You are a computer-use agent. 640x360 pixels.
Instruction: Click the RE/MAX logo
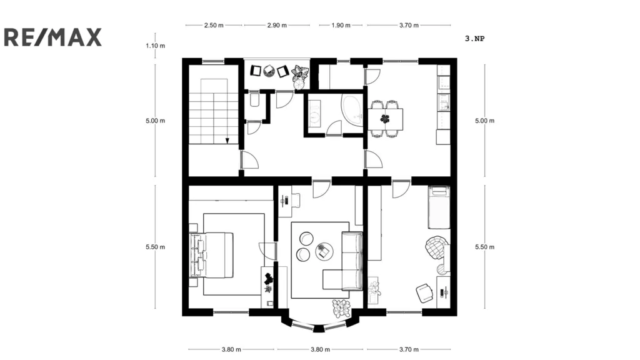(x=52, y=37)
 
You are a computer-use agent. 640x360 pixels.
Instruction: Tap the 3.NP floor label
(x=475, y=39)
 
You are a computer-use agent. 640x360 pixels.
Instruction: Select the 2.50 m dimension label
(x=214, y=25)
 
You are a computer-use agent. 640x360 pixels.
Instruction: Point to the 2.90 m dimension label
(x=277, y=25)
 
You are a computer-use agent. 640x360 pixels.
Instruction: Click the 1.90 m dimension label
(x=341, y=25)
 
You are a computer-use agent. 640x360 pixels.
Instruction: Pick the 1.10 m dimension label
(x=156, y=46)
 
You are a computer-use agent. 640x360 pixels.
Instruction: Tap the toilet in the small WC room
(x=255, y=100)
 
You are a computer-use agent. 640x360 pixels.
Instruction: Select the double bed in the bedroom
(x=211, y=255)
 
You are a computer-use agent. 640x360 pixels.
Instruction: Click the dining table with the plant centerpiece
(x=385, y=119)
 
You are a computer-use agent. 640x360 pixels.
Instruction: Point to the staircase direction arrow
(x=227, y=141)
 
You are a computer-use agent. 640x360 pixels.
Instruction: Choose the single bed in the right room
(x=439, y=207)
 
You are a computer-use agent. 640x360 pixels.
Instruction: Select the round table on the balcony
(x=269, y=71)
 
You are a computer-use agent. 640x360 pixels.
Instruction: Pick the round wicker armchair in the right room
(x=436, y=247)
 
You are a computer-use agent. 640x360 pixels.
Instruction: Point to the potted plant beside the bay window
(x=341, y=309)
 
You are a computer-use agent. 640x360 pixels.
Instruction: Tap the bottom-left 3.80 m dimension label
(x=231, y=349)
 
